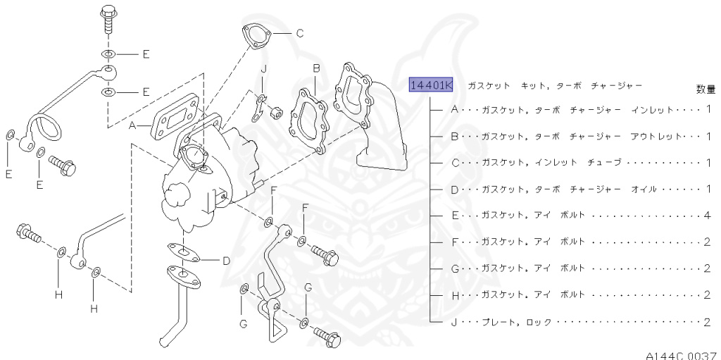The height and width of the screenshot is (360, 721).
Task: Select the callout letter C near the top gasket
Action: pos(299,32)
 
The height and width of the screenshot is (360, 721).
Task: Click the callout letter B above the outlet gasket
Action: pos(317,68)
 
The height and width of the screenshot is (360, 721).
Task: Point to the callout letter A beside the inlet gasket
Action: pos(131,126)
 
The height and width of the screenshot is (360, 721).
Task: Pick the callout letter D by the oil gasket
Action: pos(226,261)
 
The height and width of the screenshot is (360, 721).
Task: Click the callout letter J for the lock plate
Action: pos(263,68)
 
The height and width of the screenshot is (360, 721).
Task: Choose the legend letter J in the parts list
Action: pos(454,322)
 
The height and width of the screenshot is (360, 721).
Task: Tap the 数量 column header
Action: pos(706,89)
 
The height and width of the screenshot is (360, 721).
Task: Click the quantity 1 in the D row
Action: pos(707,189)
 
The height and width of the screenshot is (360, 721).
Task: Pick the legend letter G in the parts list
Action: pos(454,268)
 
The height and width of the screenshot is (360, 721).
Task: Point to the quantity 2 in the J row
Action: pos(707,322)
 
